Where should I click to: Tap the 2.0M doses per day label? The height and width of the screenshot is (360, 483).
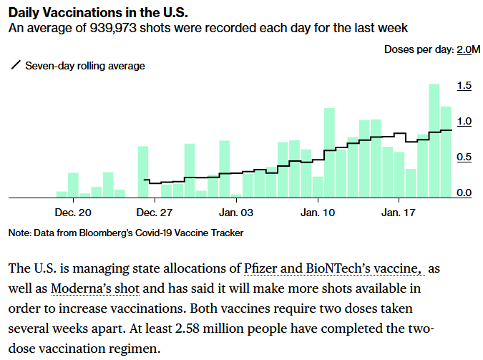[x=469, y=49]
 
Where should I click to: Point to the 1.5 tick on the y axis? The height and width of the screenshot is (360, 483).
[x=464, y=86]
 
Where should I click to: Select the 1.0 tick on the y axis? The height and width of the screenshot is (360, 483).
[x=464, y=122]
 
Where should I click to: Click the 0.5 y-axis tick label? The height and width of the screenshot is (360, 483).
[x=464, y=157]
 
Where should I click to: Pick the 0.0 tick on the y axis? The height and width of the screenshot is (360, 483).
[x=464, y=193]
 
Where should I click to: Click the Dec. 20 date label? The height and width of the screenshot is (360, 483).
[x=73, y=213]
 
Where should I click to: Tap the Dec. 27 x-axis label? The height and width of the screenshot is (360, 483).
[x=155, y=213]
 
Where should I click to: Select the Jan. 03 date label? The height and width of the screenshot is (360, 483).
[x=237, y=213]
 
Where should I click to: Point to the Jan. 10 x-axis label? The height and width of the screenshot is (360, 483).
[x=318, y=213]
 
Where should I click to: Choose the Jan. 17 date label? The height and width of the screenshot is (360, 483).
[x=399, y=213]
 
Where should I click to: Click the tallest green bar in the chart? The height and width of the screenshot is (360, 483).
[x=434, y=140]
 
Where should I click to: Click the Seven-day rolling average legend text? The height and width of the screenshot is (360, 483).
[x=85, y=66]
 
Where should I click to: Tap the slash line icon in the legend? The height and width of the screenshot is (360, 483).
[x=16, y=66]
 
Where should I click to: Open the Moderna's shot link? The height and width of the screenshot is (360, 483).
[x=95, y=288]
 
